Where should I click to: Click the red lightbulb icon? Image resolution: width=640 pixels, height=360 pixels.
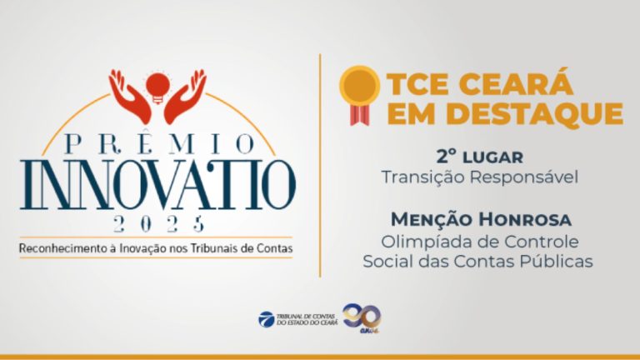157,87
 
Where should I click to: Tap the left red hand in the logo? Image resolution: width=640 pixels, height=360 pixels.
129,97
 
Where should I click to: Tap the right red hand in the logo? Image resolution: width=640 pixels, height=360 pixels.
185,97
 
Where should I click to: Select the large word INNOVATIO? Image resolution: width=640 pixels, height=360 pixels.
158,185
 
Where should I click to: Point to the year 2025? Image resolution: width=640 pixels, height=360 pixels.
158,223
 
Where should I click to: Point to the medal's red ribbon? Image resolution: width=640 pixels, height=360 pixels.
360,115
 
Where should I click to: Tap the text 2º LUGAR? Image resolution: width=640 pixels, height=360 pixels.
480,157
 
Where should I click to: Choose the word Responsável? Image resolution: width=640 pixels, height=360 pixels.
523,177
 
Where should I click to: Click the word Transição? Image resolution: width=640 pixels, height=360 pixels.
422,178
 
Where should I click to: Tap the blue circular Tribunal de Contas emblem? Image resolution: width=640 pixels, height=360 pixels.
267,319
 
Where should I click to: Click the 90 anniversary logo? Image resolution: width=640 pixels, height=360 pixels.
362,317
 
